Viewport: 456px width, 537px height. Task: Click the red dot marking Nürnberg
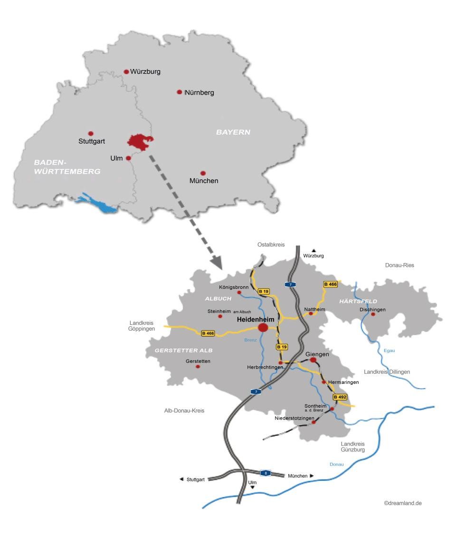[x=180, y=92]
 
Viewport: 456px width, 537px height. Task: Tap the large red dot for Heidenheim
[x=263, y=328]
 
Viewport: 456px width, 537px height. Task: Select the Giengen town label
[x=317, y=354]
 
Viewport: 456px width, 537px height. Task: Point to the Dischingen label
[x=373, y=310]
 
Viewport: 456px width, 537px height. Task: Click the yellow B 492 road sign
[x=340, y=397]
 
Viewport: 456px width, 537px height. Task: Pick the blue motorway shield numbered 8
[x=266, y=473]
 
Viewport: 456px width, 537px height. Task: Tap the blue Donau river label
[x=336, y=464]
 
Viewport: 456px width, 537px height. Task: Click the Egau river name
[x=389, y=351]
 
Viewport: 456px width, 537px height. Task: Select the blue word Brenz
[x=250, y=340]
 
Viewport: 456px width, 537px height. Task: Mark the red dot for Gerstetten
[x=198, y=366]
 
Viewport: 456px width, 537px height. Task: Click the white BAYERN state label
[x=233, y=132]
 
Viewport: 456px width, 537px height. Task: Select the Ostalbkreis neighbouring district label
[x=271, y=244]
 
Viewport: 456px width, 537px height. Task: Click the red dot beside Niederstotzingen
[x=313, y=422]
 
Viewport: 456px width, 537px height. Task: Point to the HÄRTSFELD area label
[x=358, y=301]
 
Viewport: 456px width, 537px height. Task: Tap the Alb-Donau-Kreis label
[x=184, y=410]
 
